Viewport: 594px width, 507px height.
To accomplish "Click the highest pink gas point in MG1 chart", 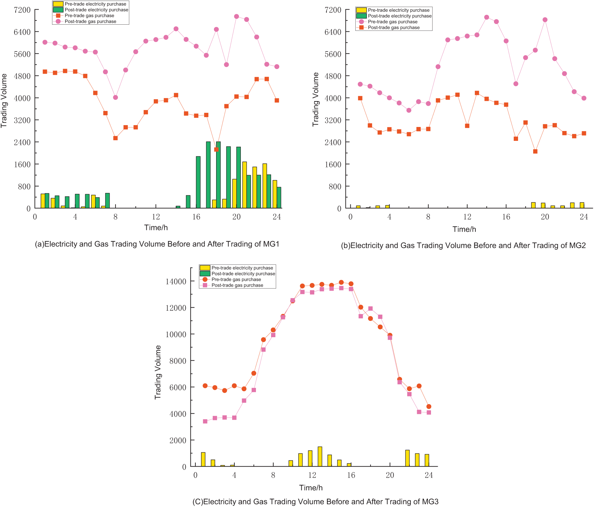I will click(x=236, y=17).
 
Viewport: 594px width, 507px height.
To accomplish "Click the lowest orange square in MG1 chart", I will click(x=216, y=149).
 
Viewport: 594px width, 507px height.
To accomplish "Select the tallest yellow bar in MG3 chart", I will click(x=320, y=456).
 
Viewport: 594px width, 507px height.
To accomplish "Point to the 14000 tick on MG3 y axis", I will click(x=176, y=281).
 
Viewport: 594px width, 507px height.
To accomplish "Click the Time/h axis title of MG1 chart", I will click(x=156, y=228).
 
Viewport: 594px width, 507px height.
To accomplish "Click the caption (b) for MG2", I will click(x=463, y=246).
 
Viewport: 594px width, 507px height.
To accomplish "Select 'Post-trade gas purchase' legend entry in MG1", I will click(x=90, y=22).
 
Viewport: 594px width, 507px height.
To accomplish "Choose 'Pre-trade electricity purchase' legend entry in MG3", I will click(x=242, y=268).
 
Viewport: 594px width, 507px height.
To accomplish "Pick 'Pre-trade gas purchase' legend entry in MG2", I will click(x=392, y=22).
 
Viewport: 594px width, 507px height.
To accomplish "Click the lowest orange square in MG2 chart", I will click(x=535, y=151).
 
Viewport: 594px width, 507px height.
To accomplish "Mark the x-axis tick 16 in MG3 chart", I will click(x=351, y=475).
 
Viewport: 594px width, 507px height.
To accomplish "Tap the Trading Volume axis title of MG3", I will click(x=158, y=372).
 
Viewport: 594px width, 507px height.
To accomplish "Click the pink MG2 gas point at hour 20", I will click(x=545, y=20).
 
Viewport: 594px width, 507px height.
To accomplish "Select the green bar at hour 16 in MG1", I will click(x=198, y=182).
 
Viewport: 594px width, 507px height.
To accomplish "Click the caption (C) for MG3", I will click(x=315, y=502).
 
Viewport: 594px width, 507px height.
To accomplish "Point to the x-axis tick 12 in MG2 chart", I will click(x=467, y=217).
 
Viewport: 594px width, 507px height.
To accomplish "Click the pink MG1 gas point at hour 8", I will click(x=115, y=97).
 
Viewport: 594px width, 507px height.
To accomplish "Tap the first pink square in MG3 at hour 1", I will click(x=205, y=421).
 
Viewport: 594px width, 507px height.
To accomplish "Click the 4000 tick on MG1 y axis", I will click(x=22, y=98).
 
